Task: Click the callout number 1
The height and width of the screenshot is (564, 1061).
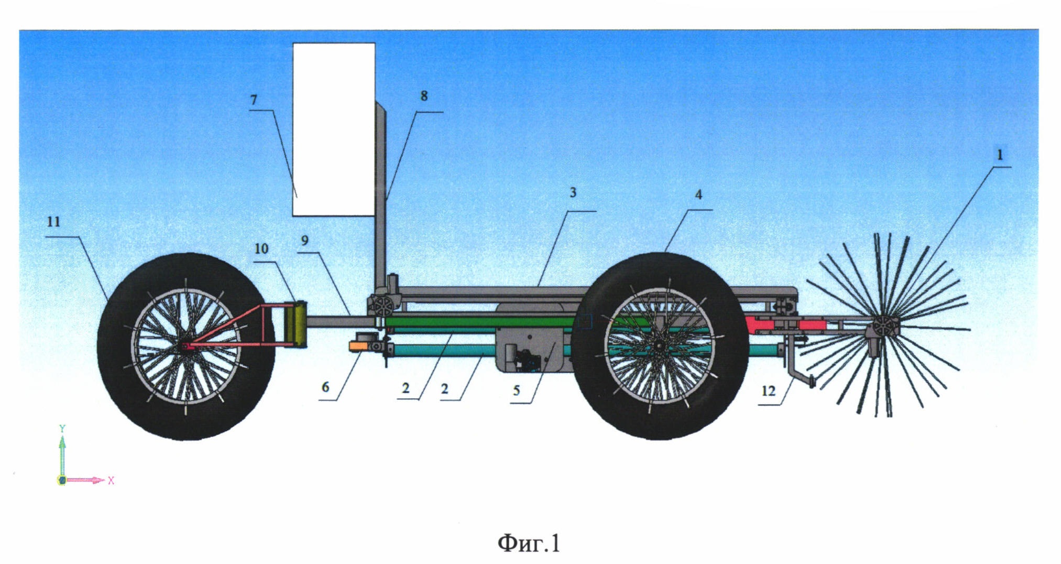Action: (1000, 155)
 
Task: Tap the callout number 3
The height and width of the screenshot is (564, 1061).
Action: (573, 193)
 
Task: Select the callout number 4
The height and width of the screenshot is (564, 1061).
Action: (698, 195)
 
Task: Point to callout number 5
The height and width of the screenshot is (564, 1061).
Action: (517, 391)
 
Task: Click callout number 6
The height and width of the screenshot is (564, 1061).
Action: (325, 387)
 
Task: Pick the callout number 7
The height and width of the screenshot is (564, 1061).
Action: (254, 100)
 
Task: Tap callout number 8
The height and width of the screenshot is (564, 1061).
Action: (424, 96)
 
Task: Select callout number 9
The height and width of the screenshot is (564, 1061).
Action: (305, 241)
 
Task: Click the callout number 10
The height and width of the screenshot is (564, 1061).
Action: (261, 248)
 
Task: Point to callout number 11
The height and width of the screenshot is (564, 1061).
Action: (53, 222)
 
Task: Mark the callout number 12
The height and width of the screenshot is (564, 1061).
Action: (768, 391)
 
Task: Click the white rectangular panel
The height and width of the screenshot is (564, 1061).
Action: (334, 129)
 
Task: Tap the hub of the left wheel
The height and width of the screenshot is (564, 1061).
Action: (185, 345)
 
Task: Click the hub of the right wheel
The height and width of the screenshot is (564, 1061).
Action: (659, 345)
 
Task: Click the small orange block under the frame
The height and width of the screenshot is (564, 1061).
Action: (359, 345)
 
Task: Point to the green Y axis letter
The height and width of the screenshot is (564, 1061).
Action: (62, 428)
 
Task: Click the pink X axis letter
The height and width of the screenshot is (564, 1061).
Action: (111, 480)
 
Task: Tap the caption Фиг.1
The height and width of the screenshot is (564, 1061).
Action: (529, 544)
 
